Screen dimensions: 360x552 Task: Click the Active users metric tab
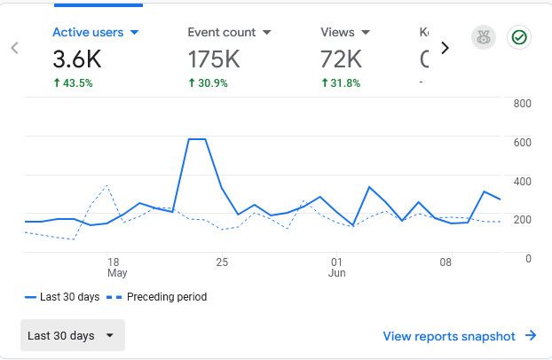[96, 33]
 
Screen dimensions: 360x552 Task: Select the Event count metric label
[229, 33]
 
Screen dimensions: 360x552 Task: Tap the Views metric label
[345, 33]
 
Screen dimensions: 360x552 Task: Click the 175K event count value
[215, 59]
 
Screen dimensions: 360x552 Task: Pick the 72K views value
[341, 59]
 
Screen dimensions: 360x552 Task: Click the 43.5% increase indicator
[73, 83]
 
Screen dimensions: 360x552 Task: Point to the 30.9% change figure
[208, 83]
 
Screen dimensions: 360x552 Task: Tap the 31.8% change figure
[341, 83]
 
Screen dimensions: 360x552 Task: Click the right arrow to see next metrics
[445, 48]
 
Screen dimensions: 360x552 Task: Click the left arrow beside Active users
[15, 48]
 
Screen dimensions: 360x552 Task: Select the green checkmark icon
[519, 38]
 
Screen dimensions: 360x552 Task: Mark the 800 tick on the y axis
[522, 104]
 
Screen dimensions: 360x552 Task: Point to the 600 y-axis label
[522, 143]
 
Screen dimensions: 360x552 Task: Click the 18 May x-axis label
[114, 268]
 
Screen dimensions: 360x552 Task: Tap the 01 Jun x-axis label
[337, 268]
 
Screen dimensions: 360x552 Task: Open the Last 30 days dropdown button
[73, 336]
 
